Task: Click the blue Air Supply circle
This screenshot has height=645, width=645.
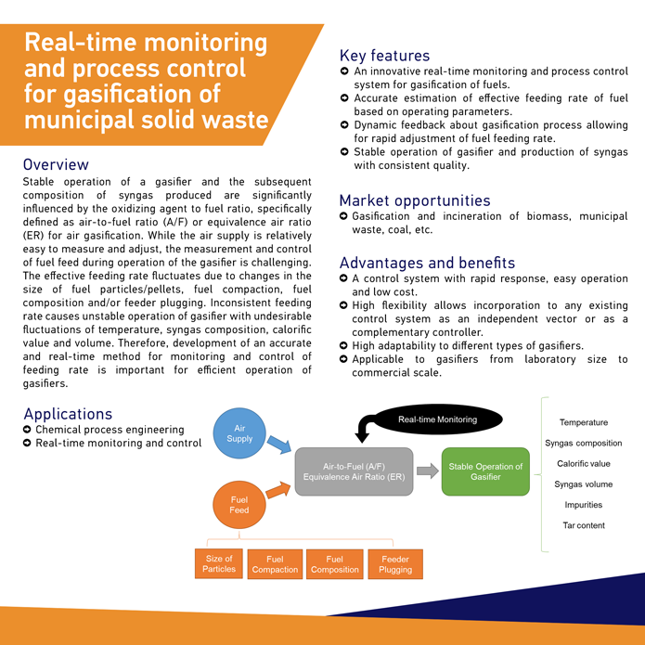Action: pyautogui.click(x=239, y=432)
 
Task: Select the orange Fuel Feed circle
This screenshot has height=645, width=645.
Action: pyautogui.click(x=239, y=504)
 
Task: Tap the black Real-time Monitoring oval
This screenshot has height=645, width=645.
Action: pyautogui.click(x=437, y=420)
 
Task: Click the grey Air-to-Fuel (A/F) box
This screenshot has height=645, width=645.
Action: pyautogui.click(x=354, y=471)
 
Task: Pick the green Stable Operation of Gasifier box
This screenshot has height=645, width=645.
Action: pyautogui.click(x=484, y=471)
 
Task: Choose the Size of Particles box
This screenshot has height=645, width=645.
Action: pyautogui.click(x=219, y=563)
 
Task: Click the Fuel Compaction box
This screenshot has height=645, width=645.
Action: pyautogui.click(x=276, y=564)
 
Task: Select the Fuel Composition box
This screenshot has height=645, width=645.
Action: pyautogui.click(x=335, y=564)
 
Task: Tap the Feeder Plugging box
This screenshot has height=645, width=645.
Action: pyautogui.click(x=395, y=564)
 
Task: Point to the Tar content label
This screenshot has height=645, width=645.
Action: pyautogui.click(x=583, y=525)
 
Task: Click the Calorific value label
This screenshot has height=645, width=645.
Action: pyautogui.click(x=583, y=463)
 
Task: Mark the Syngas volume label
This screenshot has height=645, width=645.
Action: pyautogui.click(x=583, y=484)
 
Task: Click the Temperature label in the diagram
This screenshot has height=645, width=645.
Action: pyautogui.click(x=583, y=422)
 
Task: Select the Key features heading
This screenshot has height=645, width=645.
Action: pyautogui.click(x=384, y=56)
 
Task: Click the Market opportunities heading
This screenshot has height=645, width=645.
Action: pyautogui.click(x=415, y=200)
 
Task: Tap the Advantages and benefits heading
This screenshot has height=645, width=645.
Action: pyautogui.click(x=427, y=263)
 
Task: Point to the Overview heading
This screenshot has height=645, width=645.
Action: pyautogui.click(x=56, y=164)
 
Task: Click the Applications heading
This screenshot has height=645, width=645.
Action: pyautogui.click(x=68, y=413)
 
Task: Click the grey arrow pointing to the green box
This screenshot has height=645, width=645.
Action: pyautogui.click(x=427, y=471)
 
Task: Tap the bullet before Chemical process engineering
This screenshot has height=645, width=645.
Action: pyautogui.click(x=28, y=430)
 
